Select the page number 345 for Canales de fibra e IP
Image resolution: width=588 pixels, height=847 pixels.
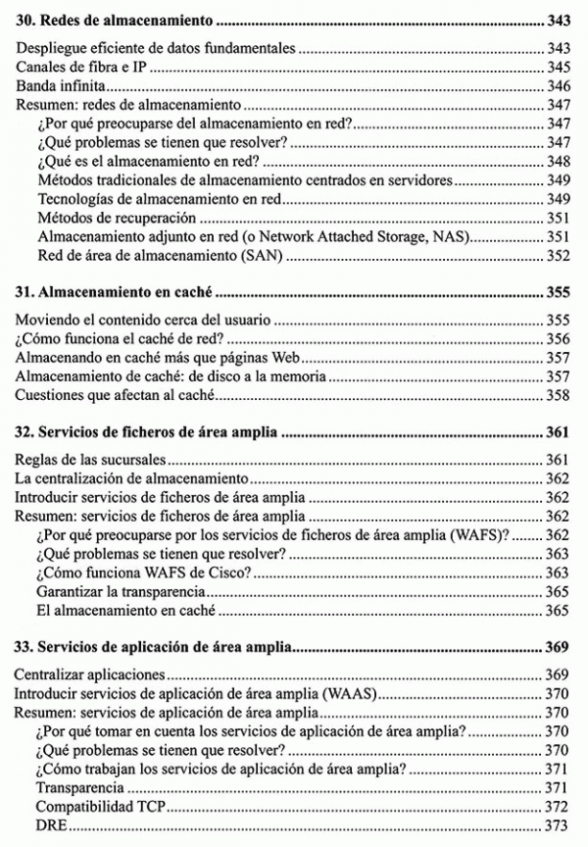[x=558, y=68]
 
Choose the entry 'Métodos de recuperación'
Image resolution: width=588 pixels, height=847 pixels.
[x=116, y=219]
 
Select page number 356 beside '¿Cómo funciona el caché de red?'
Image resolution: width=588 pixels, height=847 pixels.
[x=558, y=339]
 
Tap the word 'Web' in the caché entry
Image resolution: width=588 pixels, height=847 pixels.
[x=302, y=358]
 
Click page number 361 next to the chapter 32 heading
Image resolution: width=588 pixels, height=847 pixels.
[x=558, y=430]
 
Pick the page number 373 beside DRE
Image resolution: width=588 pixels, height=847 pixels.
[x=558, y=825]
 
